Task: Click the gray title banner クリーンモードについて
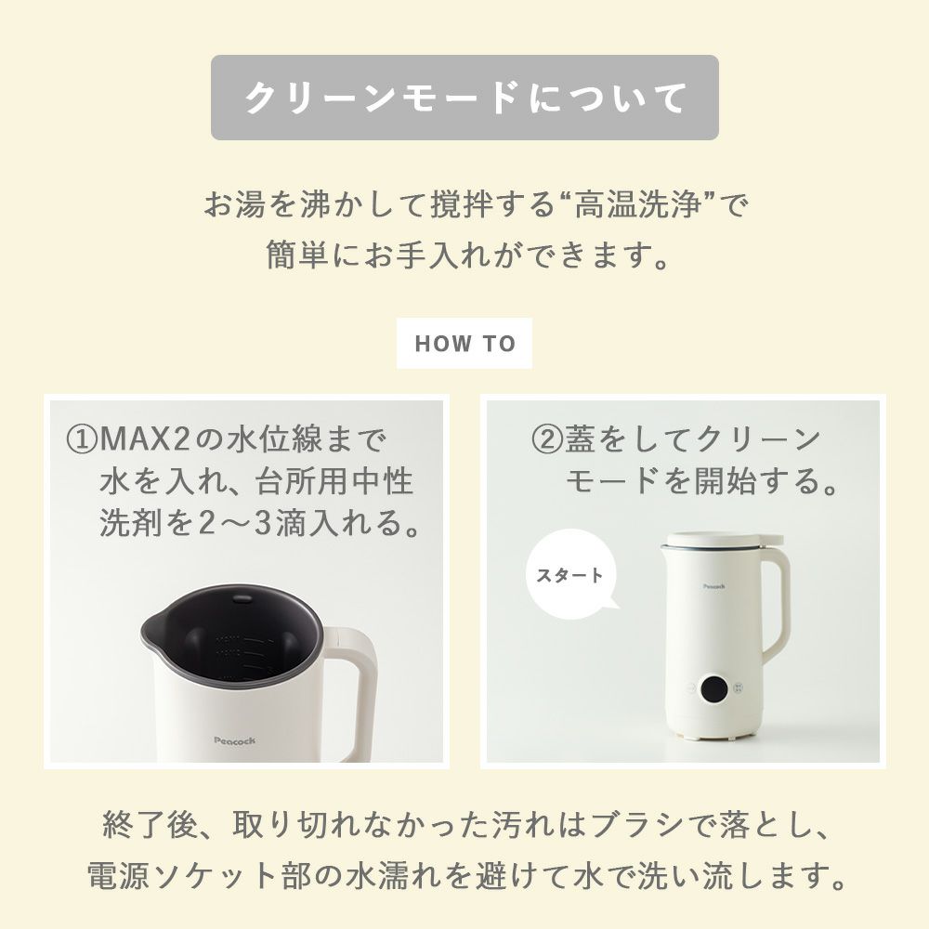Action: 464,98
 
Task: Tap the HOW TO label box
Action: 464,343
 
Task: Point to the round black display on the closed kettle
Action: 715,688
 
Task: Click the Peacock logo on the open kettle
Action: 235,740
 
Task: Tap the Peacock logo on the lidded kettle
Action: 713,586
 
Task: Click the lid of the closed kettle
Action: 722,541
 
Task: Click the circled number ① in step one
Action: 81,439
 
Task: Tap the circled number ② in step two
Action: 545,439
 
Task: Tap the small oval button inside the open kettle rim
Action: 242,599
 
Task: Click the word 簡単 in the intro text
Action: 297,255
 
